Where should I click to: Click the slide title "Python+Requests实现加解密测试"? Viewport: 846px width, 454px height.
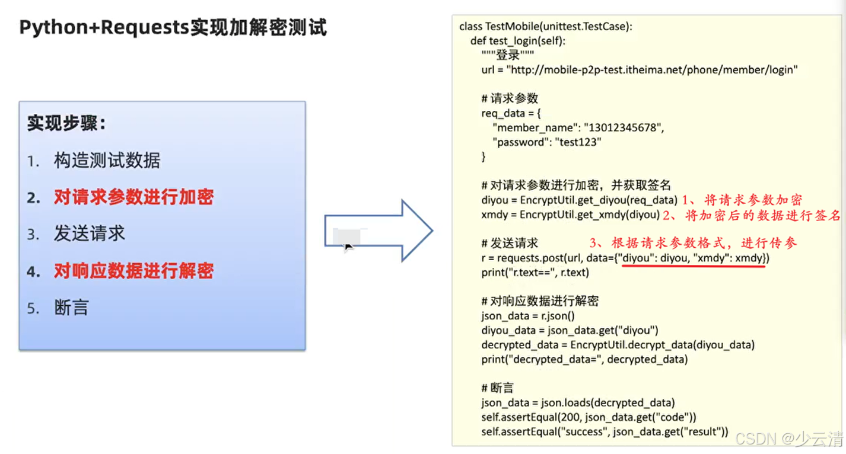coord(173,27)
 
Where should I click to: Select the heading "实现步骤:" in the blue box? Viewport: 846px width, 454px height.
coord(66,123)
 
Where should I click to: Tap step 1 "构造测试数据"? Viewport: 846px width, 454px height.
coord(107,160)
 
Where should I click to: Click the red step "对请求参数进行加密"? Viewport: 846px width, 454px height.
coord(133,197)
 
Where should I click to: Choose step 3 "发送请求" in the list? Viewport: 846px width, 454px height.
coord(89,234)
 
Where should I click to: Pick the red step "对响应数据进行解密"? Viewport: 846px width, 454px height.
coord(133,271)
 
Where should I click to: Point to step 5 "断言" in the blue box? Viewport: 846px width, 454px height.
coord(71,308)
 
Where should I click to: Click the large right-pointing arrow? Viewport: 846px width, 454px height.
coord(380,231)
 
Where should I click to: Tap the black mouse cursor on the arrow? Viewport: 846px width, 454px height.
coord(349,247)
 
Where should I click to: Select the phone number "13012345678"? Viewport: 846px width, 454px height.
coord(624,127)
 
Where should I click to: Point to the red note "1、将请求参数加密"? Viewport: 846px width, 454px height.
coord(742,200)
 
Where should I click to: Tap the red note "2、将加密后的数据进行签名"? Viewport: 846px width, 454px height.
coord(752,215)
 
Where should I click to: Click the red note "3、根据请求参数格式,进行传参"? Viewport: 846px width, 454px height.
coord(693,242)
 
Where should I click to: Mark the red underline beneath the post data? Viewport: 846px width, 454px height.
coord(693,266)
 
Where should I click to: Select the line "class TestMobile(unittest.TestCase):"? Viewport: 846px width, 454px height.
coord(546,27)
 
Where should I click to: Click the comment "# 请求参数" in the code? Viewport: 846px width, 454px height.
coord(510,98)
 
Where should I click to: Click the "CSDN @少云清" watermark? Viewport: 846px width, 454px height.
coord(789,439)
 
